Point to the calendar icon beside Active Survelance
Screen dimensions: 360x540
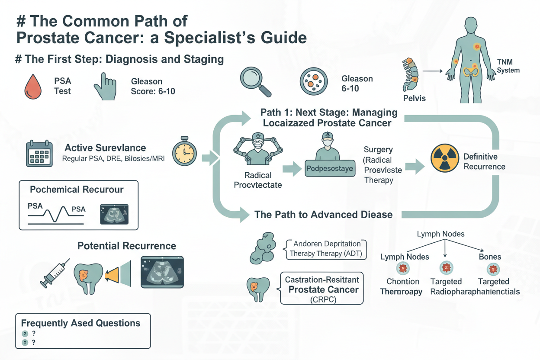pos(39,154)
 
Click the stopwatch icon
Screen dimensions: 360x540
pos(185,152)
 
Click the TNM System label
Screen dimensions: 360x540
pos(508,66)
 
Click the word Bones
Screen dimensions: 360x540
pos(490,257)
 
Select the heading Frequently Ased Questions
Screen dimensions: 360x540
pos(80,323)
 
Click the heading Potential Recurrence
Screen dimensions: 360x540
pos(127,246)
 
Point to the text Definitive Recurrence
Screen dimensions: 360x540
pos(484,161)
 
